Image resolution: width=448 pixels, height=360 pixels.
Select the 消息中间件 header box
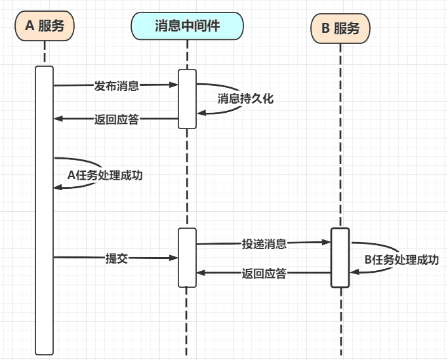(187, 26)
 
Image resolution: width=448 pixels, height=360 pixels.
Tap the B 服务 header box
(340, 29)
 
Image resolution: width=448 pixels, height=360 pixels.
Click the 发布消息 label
(117, 85)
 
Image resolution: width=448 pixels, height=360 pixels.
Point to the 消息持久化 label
(245, 99)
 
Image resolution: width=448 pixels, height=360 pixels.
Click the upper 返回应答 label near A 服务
(116, 119)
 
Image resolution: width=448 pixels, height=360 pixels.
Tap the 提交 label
(116, 258)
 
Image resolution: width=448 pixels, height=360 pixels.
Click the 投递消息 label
(264, 244)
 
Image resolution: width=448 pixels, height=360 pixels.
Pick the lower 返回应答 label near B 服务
(264, 273)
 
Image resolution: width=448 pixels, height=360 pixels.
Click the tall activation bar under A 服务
(45, 210)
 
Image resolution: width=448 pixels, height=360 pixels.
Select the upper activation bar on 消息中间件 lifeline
(187, 98)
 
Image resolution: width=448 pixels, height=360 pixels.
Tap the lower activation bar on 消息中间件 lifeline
(187, 257)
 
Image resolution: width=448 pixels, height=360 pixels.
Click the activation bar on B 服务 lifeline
(340, 257)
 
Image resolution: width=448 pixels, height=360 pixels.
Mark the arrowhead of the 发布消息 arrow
(174, 85)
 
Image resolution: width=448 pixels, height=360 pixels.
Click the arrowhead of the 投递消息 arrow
(327, 243)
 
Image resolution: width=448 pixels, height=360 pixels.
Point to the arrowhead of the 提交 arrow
(174, 258)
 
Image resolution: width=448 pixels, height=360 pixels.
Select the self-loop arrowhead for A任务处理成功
(58, 188)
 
